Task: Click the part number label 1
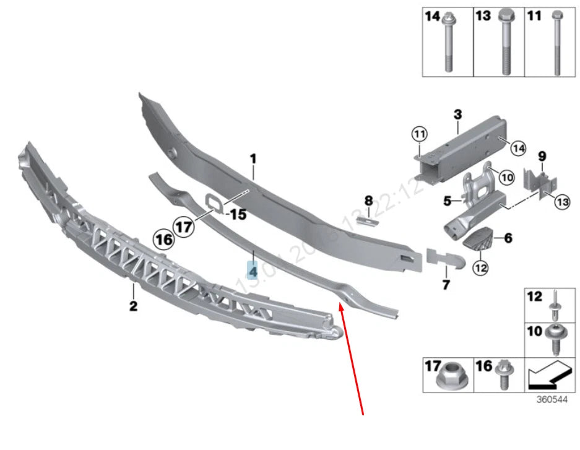click(x=253, y=160)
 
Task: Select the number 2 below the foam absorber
click(x=133, y=306)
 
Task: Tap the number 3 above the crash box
click(x=457, y=115)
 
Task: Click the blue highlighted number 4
click(x=253, y=270)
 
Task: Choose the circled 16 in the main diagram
click(x=164, y=239)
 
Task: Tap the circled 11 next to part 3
click(x=420, y=133)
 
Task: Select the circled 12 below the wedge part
click(x=480, y=267)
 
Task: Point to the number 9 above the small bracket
click(x=542, y=155)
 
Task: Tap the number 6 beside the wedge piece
click(x=508, y=238)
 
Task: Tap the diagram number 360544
click(x=552, y=399)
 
